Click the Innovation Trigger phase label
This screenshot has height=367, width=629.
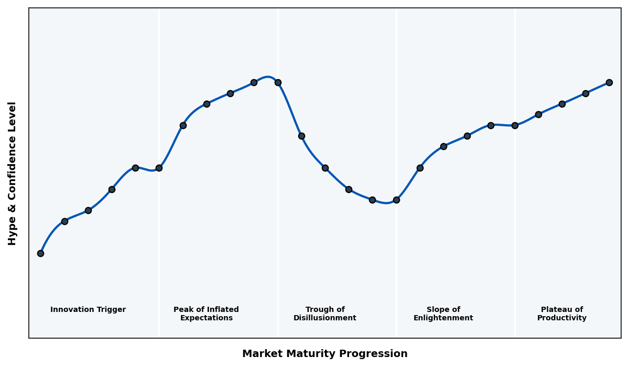[x=88, y=310]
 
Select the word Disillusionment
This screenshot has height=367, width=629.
[x=325, y=318]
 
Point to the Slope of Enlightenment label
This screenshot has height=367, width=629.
[x=443, y=314]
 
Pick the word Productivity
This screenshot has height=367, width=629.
[x=562, y=318]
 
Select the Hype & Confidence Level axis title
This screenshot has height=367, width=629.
[x=13, y=173]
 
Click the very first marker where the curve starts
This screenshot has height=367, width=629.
[x=40, y=253]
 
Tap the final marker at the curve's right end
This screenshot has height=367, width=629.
[x=609, y=82]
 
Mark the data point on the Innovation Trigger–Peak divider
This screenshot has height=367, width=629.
[x=159, y=168]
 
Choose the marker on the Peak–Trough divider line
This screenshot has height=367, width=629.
[x=278, y=82]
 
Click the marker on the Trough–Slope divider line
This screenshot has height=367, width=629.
[x=396, y=200]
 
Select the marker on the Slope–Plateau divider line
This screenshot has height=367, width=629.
[x=515, y=125]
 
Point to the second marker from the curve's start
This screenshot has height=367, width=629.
[x=64, y=221]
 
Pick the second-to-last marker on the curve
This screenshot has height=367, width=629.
[x=585, y=93]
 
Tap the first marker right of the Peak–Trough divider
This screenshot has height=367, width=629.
[x=301, y=136]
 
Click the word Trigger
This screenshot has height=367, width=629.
[x=111, y=310]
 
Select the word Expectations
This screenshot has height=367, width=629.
[x=207, y=318]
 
